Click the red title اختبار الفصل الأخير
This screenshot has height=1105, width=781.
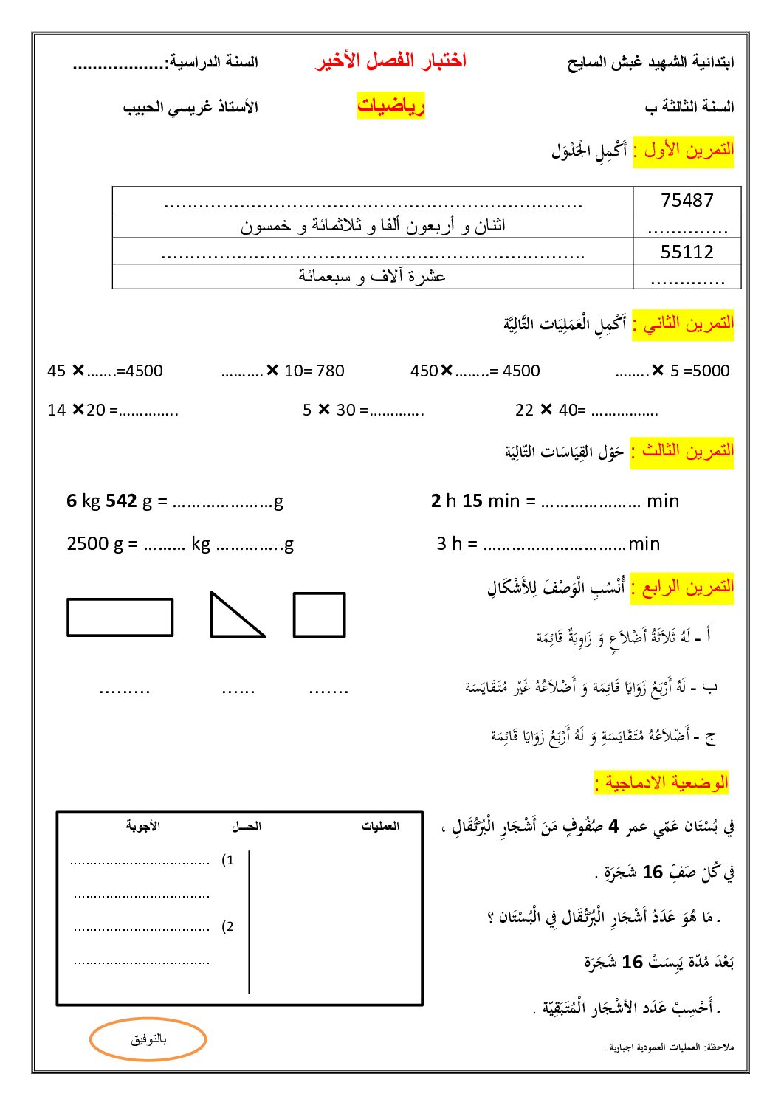point(391,61)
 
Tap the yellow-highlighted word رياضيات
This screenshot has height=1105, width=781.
point(390,106)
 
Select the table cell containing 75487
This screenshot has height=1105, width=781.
point(687,200)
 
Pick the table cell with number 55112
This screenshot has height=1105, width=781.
point(687,252)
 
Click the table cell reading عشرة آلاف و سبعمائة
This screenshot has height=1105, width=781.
point(372,277)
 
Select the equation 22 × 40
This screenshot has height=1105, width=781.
point(585,410)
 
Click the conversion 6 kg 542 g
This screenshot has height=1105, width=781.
point(174,501)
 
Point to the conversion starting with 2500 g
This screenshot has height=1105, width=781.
point(179,544)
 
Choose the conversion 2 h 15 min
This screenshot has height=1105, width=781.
point(554,501)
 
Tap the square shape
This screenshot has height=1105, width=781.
point(319,615)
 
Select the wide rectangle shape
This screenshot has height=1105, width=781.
point(120,617)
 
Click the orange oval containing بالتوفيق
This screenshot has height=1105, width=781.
point(148,1039)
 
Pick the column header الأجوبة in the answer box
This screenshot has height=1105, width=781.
point(142,826)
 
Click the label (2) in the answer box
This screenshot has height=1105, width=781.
point(228,926)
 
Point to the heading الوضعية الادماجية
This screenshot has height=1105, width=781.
point(661,782)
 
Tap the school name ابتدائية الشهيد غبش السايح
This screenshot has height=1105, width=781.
point(650,63)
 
